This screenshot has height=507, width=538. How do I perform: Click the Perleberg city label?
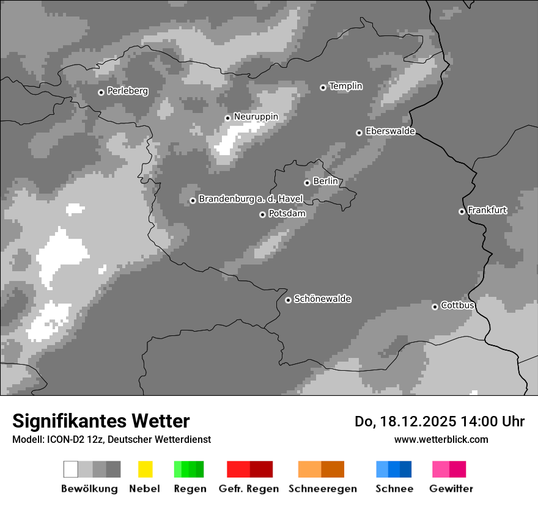click(127, 91)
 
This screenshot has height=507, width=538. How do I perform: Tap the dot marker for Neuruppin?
click(227, 118)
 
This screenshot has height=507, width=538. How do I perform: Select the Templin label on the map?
click(345, 86)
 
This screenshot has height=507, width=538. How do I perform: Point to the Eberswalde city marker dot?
click(359, 133)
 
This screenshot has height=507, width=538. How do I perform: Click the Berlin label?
click(325, 181)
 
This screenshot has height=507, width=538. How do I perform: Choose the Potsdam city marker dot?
click(262, 214)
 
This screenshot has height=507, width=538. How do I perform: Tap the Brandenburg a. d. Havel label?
click(251, 199)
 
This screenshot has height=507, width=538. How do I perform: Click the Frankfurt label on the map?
click(487, 210)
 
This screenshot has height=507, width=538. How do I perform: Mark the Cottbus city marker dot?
click(435, 307)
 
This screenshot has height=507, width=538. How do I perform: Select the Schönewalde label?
click(322, 299)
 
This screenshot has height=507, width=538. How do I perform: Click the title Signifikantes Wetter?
click(101, 421)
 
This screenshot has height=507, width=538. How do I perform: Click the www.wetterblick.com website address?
click(441, 439)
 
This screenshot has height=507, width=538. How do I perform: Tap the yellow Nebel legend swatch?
click(145, 469)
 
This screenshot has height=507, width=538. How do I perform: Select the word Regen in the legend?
click(190, 489)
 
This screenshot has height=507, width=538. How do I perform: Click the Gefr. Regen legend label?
click(249, 489)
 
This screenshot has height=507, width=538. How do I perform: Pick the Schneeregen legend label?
click(323, 489)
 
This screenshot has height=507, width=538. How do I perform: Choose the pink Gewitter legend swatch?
click(441, 469)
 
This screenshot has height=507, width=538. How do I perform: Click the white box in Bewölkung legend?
click(71, 469)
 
